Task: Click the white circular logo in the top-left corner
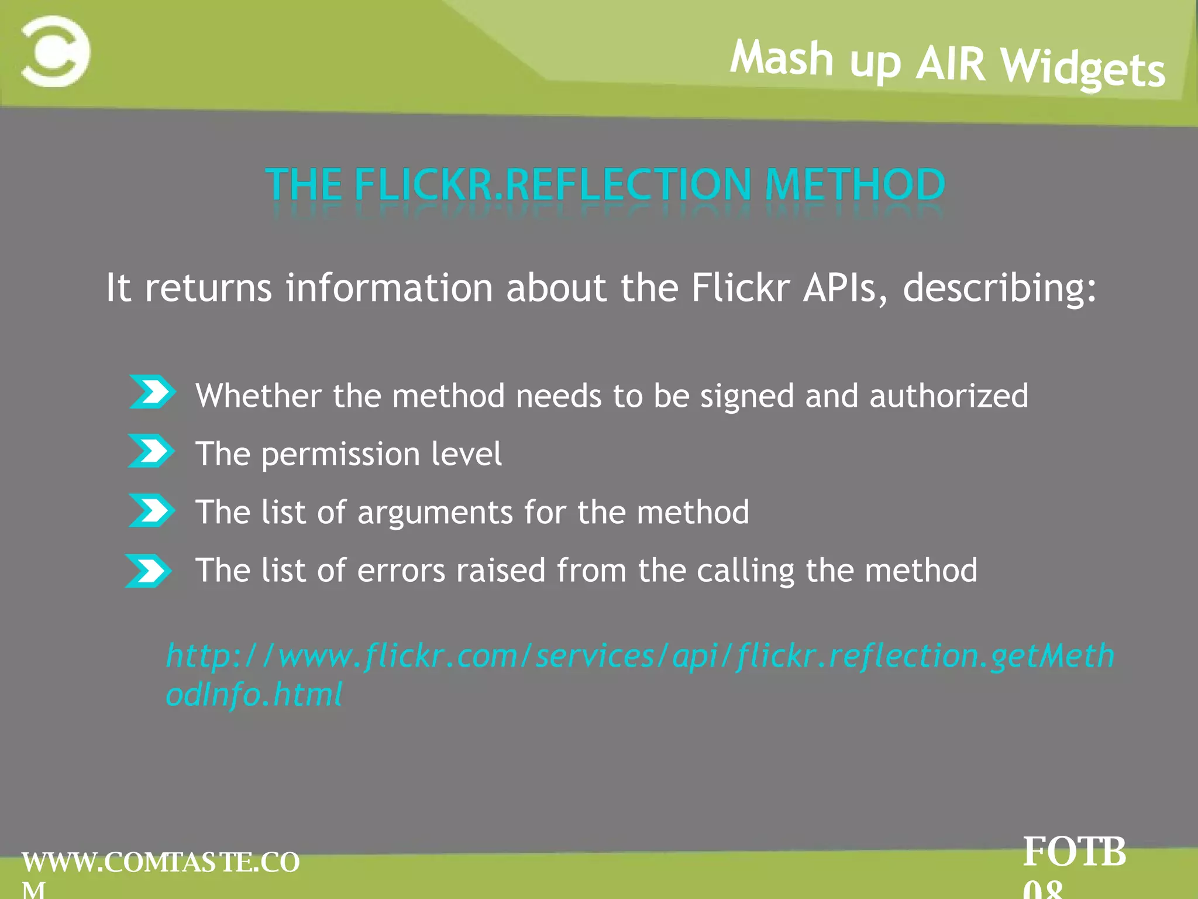(x=56, y=52)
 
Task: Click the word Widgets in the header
(x=1083, y=68)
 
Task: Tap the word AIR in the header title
(x=951, y=63)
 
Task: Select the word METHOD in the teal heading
(x=855, y=185)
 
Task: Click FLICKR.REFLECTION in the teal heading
(x=553, y=185)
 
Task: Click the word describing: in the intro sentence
(x=1000, y=288)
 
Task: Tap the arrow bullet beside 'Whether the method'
(x=152, y=392)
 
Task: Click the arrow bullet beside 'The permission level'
(x=151, y=451)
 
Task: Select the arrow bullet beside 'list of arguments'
(x=152, y=510)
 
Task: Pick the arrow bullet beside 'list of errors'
(x=149, y=571)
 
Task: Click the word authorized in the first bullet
(x=948, y=396)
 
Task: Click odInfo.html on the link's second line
(x=254, y=695)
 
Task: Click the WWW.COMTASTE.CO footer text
(x=161, y=863)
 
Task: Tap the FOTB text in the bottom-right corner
(x=1074, y=852)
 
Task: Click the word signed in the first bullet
(x=746, y=396)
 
